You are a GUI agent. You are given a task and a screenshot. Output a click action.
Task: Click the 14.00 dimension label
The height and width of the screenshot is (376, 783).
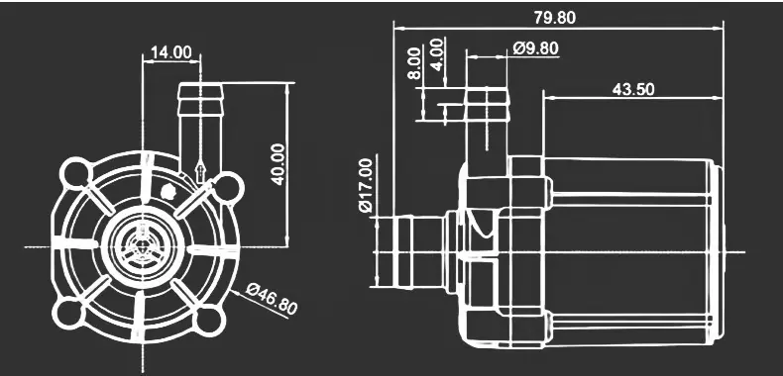pyautogui.click(x=171, y=52)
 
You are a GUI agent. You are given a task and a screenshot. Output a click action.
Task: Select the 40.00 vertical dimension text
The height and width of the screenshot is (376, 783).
pyautogui.click(x=278, y=164)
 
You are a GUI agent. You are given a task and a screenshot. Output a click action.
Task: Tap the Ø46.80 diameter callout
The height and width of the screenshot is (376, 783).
pyautogui.click(x=273, y=299)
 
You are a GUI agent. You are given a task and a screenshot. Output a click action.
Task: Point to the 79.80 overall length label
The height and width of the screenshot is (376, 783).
pyautogui.click(x=555, y=18)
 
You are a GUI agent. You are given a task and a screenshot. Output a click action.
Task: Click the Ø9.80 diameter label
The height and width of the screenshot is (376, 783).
pyautogui.click(x=536, y=48)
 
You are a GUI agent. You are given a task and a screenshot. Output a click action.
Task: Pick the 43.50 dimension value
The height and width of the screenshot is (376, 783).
pyautogui.click(x=633, y=89)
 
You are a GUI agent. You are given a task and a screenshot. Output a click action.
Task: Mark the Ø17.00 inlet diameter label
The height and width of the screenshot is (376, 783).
pyautogui.click(x=366, y=185)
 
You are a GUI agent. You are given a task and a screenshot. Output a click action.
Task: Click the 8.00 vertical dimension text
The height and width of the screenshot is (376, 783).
pyautogui.click(x=413, y=63)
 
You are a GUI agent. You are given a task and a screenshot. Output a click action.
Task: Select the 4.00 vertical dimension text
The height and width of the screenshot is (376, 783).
pyautogui.click(x=436, y=54)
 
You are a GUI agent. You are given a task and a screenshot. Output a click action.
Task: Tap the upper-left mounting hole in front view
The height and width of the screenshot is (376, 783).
pyautogui.click(x=76, y=173)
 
